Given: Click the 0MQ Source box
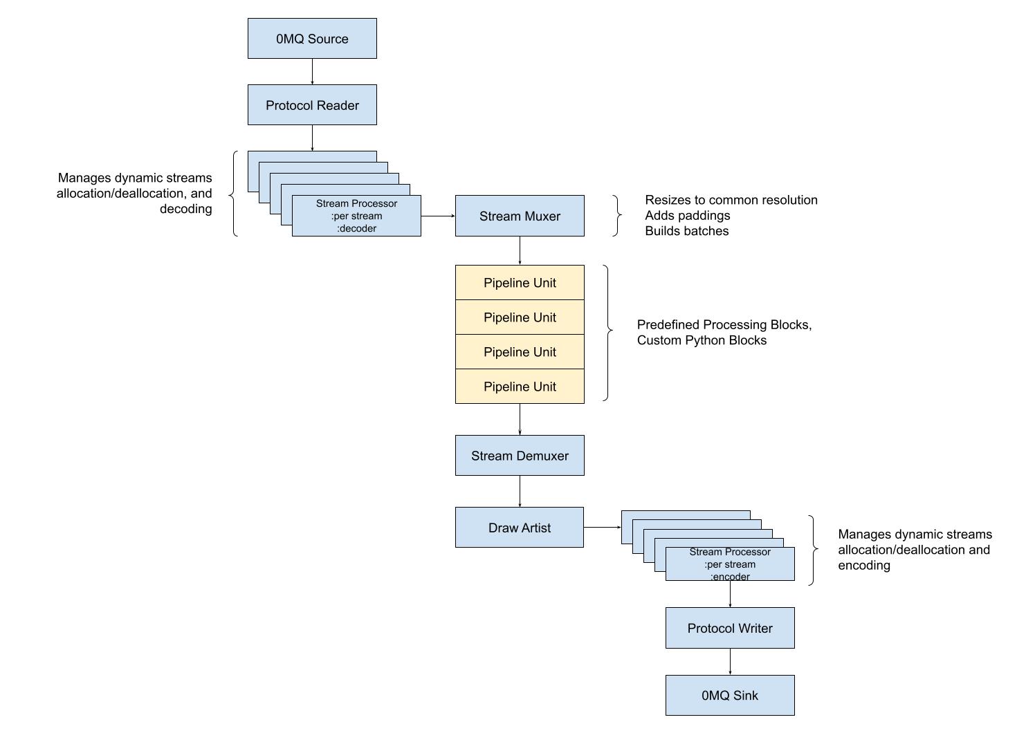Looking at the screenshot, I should pos(312,39).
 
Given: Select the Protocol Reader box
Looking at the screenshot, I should pos(312,105).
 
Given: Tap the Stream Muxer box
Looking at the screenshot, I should pos(520,216).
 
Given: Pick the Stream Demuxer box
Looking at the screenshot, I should pos(520,456).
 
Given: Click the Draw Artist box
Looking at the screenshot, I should pos(520,528).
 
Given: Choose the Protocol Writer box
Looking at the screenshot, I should pos(730,628).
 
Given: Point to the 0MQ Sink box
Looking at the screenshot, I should pos(730,695).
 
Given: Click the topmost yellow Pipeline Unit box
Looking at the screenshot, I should pos(520,283).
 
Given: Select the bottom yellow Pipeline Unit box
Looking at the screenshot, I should pos(520,387).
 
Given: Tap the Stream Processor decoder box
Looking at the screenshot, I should pos(356,216).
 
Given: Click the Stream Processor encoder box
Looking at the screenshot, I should pos(730,564).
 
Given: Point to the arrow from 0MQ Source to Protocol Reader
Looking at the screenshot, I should pos(312,71).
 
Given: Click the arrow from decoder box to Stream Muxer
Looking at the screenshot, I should pos(438,216).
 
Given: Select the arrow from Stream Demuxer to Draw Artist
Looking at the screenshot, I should pos(520,491).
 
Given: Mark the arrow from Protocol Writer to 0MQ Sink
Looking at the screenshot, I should pos(730,662).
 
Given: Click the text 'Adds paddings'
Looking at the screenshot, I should pos(688,216).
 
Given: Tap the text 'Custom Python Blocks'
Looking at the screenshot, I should pos(702,340).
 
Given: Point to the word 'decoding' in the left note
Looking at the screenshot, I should pos(185,209).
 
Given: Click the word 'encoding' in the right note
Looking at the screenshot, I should pos(864,566).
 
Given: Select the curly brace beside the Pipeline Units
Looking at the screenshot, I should pos(608,333).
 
